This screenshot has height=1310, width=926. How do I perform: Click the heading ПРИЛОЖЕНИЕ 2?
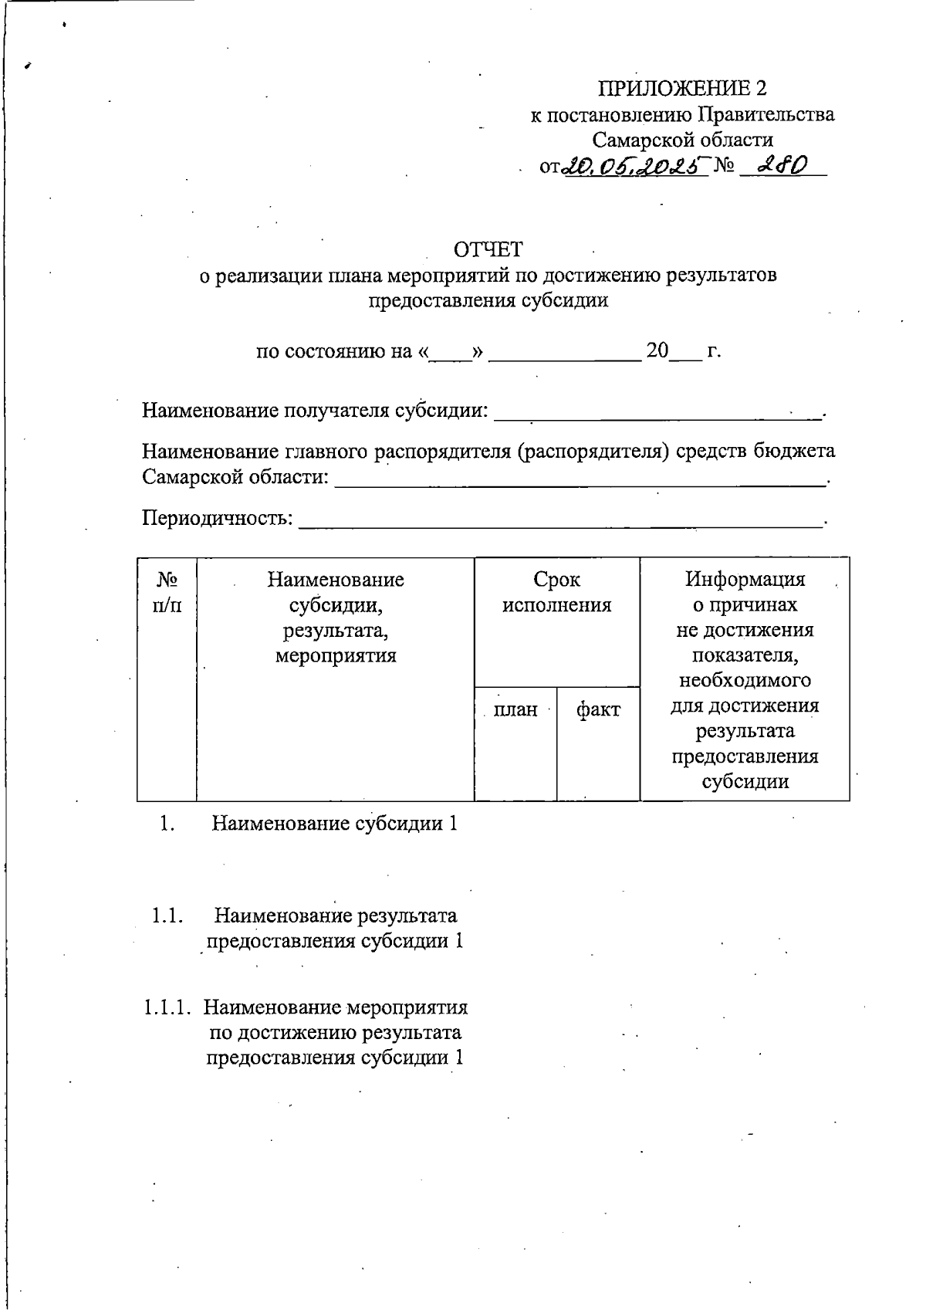[683, 88]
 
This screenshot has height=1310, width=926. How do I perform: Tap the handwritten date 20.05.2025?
[633, 165]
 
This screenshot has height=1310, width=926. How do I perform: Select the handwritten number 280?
[782, 164]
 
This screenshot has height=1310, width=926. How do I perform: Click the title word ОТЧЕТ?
[488, 249]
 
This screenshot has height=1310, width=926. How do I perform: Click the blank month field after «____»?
[565, 352]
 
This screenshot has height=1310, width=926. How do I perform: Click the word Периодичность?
[217, 517]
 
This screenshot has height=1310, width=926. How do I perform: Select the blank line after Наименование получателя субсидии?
[657, 411]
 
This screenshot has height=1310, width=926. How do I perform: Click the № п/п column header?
[167, 592]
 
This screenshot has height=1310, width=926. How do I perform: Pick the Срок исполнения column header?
[556, 592]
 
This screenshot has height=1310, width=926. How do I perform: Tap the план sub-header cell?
[515, 709]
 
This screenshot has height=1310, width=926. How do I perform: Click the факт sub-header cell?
[598, 709]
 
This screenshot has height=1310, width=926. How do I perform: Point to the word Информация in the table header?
[745, 579]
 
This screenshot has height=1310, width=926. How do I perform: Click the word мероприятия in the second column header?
[335, 656]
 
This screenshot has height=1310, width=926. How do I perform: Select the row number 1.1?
[167, 916]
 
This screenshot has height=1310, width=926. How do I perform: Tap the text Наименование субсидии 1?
[334, 824]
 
